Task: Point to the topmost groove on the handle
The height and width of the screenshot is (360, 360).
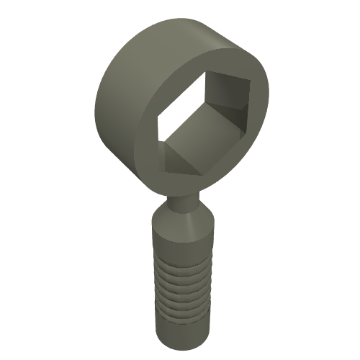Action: [181, 264]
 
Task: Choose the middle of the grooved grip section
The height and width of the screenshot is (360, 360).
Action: [182, 288]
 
